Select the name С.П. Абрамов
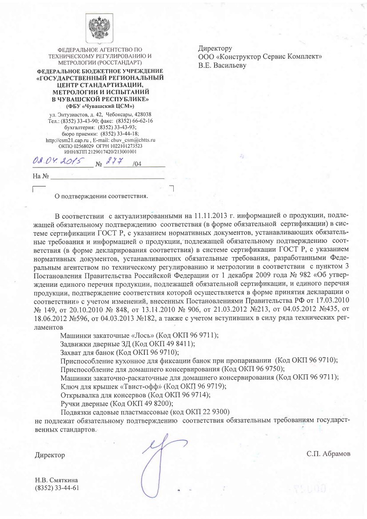(x=328, y=455)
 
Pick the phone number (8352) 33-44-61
(x=57, y=488)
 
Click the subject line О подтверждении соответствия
(x=101, y=195)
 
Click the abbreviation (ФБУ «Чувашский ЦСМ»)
(x=100, y=106)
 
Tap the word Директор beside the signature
(x=50, y=455)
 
